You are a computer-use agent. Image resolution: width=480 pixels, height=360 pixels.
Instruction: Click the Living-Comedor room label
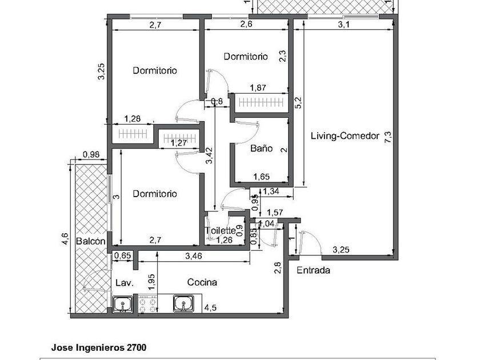tap(345, 136)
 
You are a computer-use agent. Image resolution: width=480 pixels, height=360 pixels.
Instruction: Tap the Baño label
tap(261, 149)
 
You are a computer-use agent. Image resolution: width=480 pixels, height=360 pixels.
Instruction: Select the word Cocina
tap(202, 282)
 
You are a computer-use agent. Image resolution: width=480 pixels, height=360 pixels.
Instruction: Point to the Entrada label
tap(313, 270)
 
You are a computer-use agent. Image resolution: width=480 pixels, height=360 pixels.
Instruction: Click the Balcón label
tap(90, 242)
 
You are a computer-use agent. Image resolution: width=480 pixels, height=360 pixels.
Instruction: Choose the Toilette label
tap(220, 231)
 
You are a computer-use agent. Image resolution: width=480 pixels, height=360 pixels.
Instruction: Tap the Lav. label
tap(124, 283)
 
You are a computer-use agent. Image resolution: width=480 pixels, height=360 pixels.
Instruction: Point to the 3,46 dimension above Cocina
tap(194, 257)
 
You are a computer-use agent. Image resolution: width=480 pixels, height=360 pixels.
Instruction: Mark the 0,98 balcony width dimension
tap(91, 154)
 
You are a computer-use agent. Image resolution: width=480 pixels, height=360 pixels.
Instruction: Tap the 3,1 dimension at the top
tap(343, 25)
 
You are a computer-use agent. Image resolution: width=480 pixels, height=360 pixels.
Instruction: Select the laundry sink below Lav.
tap(122, 305)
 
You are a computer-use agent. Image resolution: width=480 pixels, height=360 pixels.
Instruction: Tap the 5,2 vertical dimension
tap(298, 103)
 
